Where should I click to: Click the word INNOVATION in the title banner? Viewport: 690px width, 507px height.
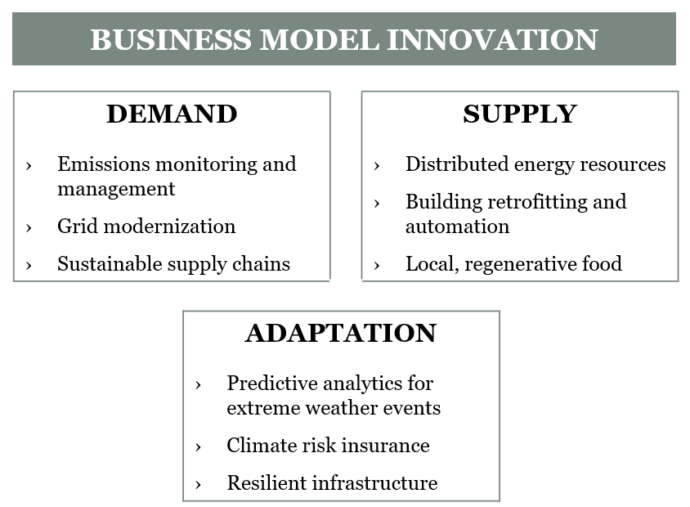point(492,39)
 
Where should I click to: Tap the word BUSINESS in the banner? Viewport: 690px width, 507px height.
point(171,39)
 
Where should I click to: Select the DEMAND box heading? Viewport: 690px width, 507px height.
point(172,114)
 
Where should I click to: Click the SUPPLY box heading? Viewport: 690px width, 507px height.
point(520,114)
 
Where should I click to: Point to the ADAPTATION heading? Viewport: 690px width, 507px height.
point(341,333)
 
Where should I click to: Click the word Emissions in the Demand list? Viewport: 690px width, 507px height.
point(104,164)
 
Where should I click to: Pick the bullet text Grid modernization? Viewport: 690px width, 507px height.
point(146,227)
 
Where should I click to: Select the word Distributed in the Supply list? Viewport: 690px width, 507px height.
point(457,164)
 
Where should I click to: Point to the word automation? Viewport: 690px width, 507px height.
point(457,227)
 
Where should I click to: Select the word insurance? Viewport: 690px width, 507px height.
point(386,446)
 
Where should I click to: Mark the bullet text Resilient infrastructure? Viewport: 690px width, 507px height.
point(332,482)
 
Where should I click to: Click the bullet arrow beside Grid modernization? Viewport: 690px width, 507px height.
point(29,228)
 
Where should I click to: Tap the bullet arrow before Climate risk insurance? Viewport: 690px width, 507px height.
point(199,447)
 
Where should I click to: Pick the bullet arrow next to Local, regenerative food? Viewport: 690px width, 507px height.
point(377,266)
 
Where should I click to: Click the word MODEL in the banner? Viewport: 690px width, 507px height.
point(320,39)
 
